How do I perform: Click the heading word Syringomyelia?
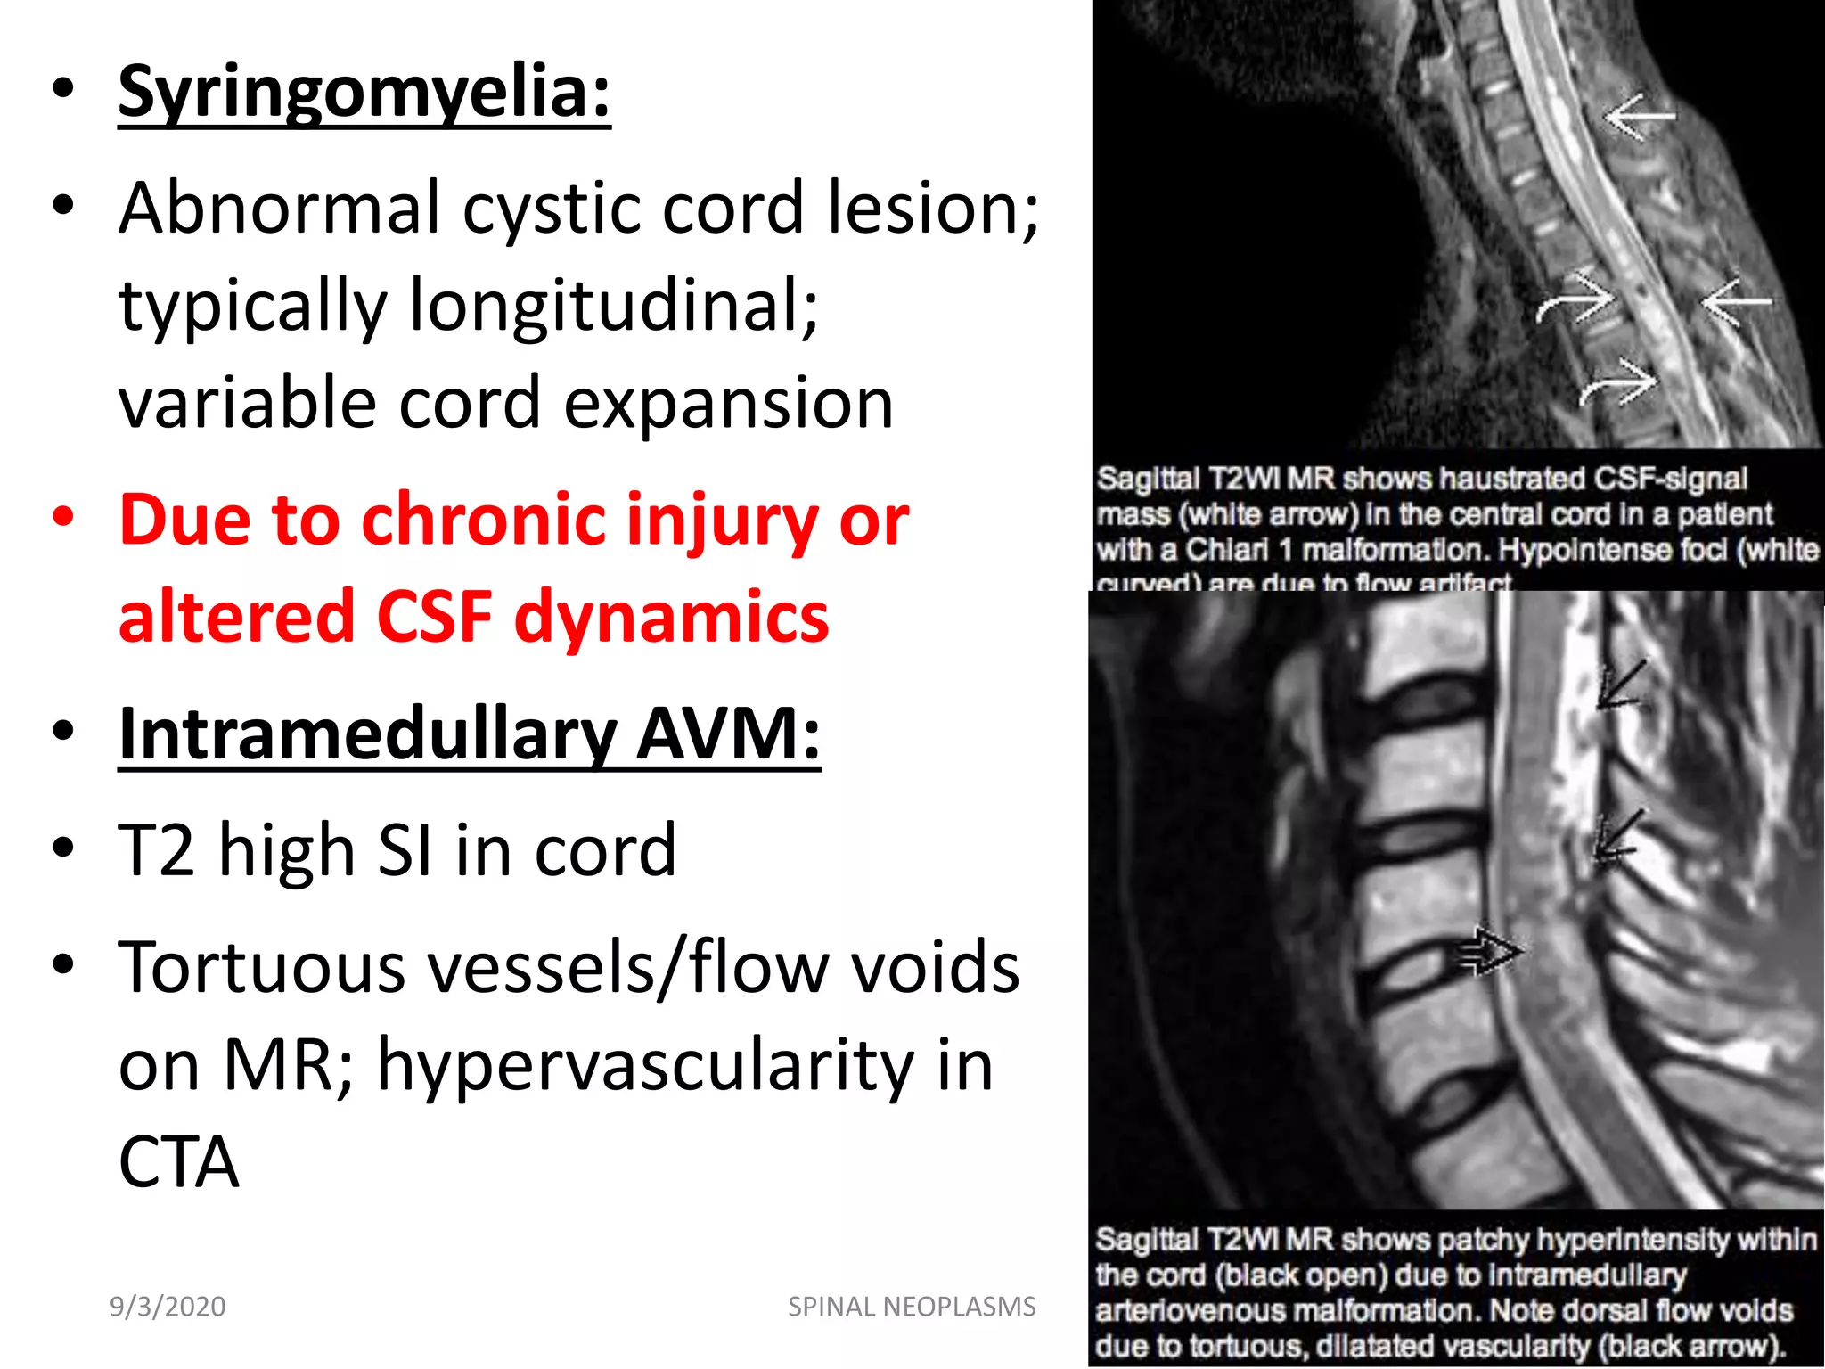click(x=364, y=92)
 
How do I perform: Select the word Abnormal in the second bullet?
click(x=279, y=208)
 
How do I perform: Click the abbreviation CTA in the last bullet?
click(x=178, y=1162)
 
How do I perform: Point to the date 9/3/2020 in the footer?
click(x=168, y=1307)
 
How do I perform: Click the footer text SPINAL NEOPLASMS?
click(x=912, y=1307)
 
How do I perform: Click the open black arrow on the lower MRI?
click(x=1488, y=952)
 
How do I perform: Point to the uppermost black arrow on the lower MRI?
click(x=1619, y=684)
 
